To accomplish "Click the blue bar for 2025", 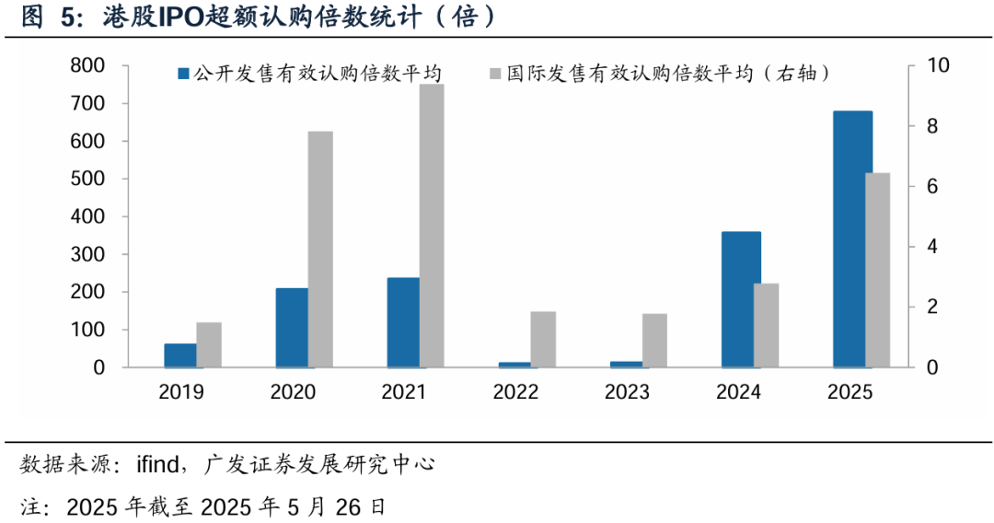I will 852,239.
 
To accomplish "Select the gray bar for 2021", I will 432,226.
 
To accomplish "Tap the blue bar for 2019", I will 180,355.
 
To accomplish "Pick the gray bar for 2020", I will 320,250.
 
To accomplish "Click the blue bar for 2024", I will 741,299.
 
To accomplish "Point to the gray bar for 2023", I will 654,341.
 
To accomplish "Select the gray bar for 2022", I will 543,340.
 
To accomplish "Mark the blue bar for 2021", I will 403,322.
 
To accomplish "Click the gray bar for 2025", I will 878,270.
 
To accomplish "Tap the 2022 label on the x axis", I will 515,392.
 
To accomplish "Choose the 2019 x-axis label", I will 181,392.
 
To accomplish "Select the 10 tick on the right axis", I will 925,66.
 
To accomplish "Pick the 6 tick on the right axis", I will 920,186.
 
